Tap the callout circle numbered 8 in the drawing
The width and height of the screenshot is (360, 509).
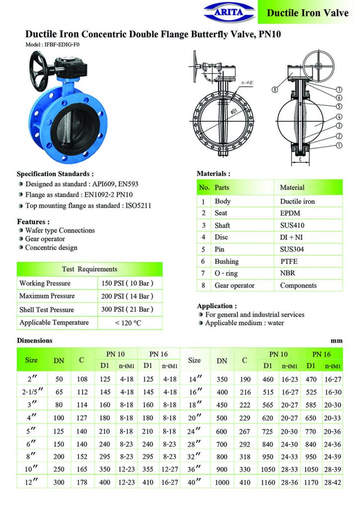click(275, 90)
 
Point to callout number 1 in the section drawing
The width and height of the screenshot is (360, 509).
click(339, 146)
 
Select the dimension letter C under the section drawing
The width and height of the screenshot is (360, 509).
click(300, 160)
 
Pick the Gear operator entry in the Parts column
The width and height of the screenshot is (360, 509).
click(234, 285)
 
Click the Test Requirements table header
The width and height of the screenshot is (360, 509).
click(90, 269)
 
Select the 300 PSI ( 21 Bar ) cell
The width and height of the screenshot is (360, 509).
click(128, 310)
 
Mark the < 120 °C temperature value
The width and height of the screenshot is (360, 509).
click(128, 323)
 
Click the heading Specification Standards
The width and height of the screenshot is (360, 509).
click(55, 174)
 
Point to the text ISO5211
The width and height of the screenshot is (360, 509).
click(140, 205)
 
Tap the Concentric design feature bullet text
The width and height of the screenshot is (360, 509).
click(51, 248)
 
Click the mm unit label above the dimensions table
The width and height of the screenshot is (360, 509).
click(337, 341)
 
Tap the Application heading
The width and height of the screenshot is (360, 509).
click(217, 306)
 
